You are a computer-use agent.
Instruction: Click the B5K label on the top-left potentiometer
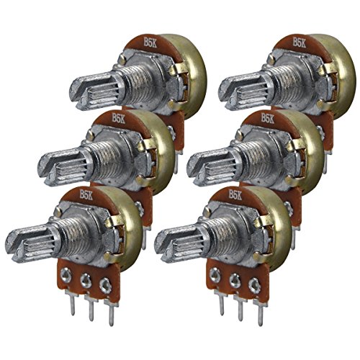pos(150,42)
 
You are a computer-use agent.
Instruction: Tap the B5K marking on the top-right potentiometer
pos(300,42)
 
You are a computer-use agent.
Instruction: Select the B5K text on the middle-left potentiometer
pos(118,118)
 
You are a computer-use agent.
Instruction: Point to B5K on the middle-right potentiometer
pos(268,118)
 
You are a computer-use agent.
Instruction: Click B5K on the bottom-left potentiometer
pos(86,194)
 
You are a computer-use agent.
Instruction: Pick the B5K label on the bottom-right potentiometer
pos(235,194)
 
